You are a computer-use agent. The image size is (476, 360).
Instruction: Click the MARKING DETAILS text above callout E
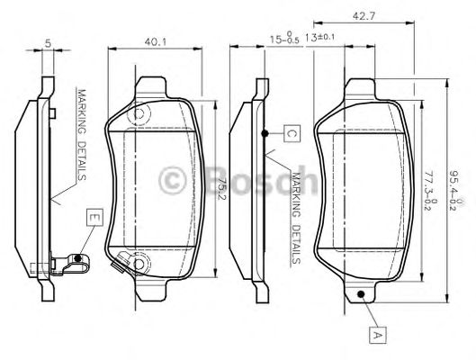[80, 135]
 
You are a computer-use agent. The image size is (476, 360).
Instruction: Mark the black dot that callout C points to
[264, 133]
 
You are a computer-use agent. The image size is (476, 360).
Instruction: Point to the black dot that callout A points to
[360, 294]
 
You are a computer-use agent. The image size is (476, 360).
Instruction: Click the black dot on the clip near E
[78, 260]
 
